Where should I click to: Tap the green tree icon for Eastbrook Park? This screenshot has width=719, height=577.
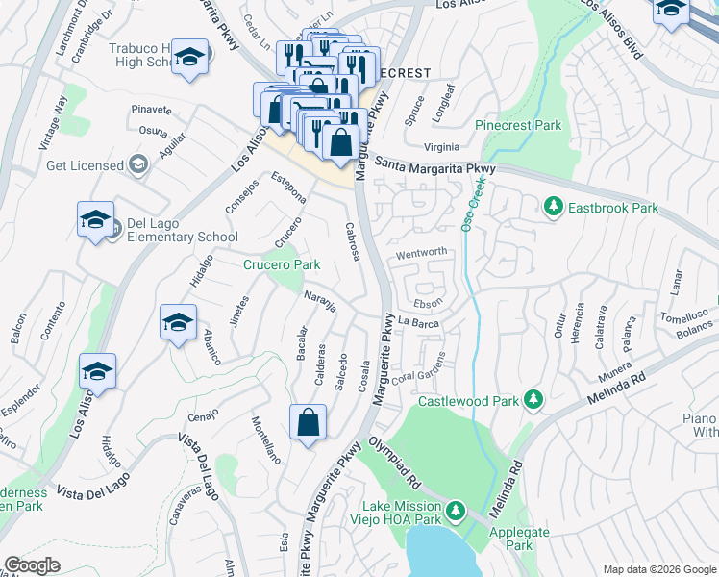point(553,207)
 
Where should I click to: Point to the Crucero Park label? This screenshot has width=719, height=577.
point(281,263)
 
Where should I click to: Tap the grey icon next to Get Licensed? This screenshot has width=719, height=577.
point(140,165)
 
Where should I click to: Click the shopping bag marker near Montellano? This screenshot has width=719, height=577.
point(308,424)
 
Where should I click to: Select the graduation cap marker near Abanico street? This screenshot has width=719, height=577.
point(178,324)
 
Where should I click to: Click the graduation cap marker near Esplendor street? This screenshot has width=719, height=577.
point(97,371)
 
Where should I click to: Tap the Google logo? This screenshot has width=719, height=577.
point(33,565)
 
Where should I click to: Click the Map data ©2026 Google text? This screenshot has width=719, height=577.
point(658,569)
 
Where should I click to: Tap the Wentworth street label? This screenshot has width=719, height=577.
point(421,253)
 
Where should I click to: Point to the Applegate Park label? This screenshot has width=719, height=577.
point(519,539)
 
